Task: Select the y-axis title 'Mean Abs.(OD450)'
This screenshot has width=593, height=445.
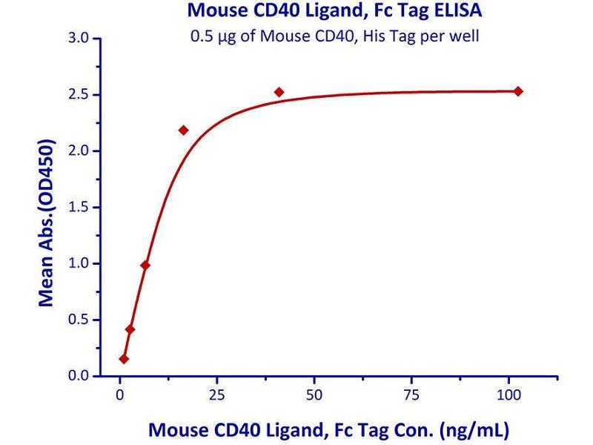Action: click(x=47, y=222)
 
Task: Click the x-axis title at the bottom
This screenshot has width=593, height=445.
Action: click(x=329, y=429)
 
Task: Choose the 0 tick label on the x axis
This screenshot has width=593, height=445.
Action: click(x=120, y=393)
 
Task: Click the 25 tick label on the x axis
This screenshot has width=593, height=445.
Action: click(x=217, y=393)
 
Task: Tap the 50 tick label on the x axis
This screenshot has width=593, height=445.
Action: click(x=314, y=393)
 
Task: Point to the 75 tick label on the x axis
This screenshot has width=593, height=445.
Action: click(x=411, y=393)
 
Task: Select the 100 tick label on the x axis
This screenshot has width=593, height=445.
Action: click(x=508, y=393)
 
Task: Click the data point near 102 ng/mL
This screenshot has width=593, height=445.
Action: click(x=518, y=91)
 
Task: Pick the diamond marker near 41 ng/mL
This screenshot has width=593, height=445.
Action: click(x=279, y=92)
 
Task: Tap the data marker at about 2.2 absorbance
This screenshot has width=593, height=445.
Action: click(x=184, y=130)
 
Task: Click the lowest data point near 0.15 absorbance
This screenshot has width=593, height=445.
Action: click(x=124, y=359)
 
